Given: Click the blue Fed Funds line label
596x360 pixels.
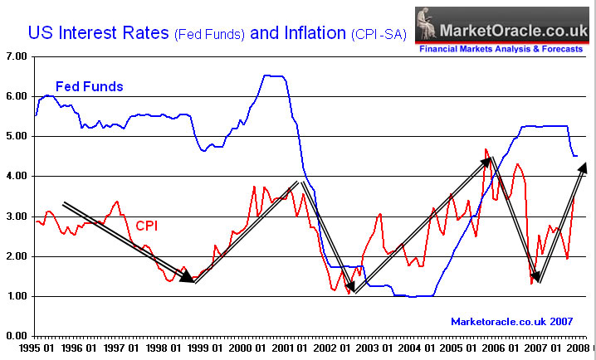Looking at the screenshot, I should pos(89,86).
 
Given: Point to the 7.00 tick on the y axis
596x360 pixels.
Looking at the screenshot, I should pos(16,57).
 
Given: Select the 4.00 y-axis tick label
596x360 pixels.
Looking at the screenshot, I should pos(16,177).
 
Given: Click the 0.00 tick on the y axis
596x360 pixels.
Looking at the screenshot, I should pos(16,336).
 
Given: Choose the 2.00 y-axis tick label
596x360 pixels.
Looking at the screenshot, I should pos(16,256).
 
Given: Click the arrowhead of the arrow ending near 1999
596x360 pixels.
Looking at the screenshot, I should pos(188,278).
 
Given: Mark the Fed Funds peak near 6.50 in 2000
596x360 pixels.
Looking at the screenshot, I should pos(274,75).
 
